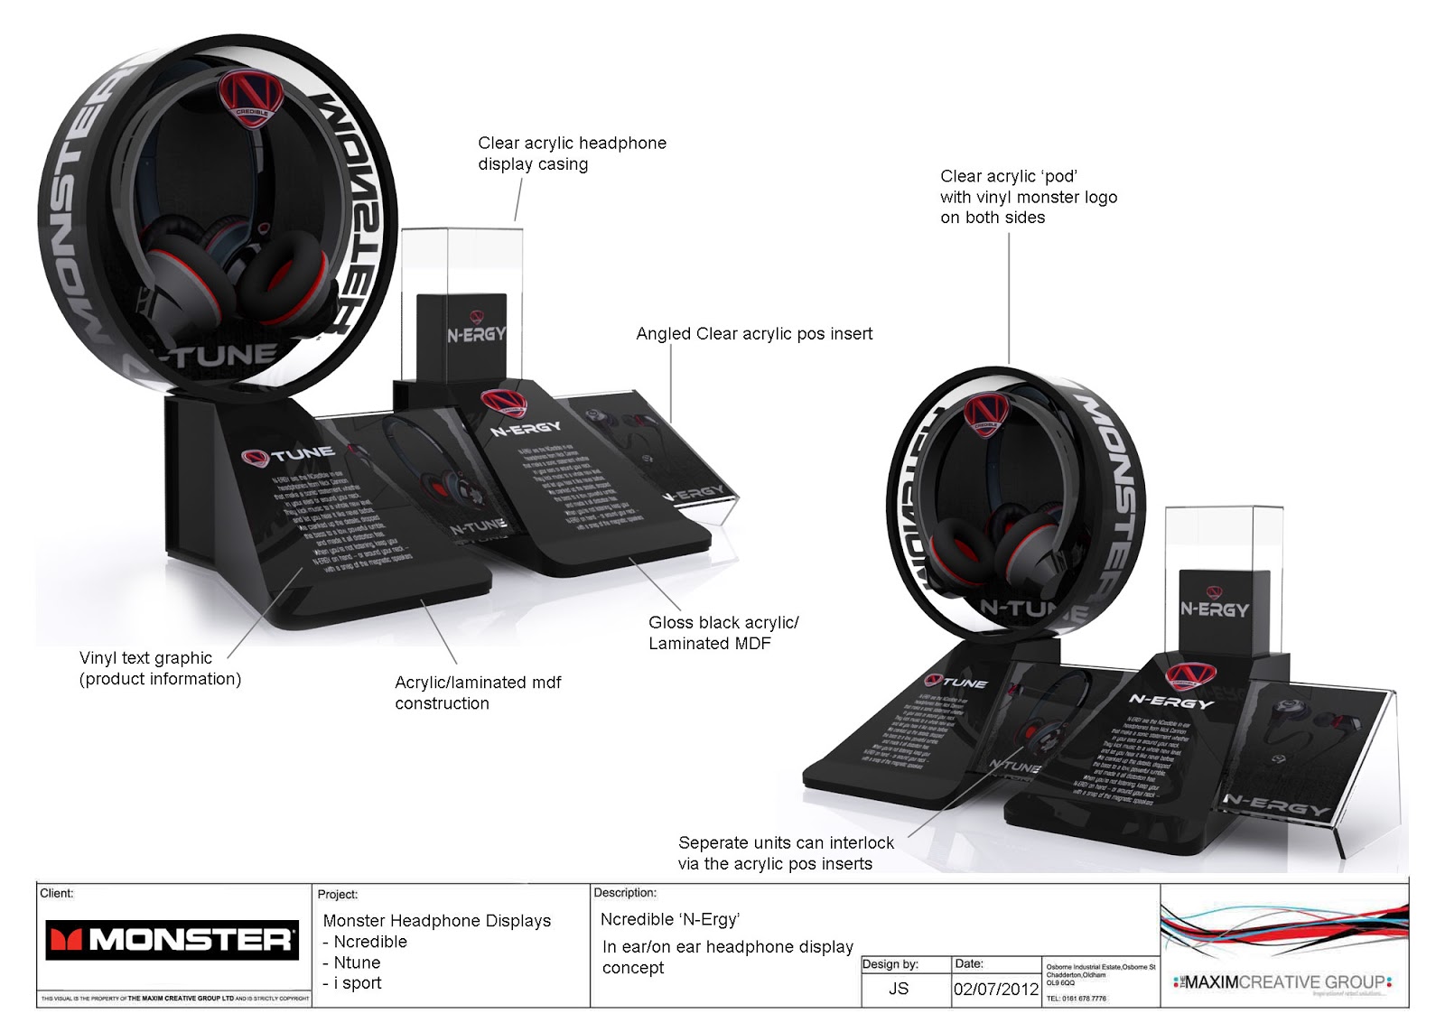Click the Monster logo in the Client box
[172, 940]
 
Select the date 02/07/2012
[996, 989]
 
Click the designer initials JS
[898, 989]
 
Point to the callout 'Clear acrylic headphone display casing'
[572, 153]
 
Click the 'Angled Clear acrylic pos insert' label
[754, 334]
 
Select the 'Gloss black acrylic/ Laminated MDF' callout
[723, 633]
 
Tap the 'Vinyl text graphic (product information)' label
[160, 668]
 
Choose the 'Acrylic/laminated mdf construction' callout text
[478, 693]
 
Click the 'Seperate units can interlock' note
[786, 852]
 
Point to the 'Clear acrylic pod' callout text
[1028, 197]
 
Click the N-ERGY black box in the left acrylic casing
[476, 333]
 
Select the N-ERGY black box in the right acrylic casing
[1215, 609]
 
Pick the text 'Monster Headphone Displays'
[436, 921]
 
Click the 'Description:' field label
[625, 893]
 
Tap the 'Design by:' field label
[890, 964]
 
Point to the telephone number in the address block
[1076, 999]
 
